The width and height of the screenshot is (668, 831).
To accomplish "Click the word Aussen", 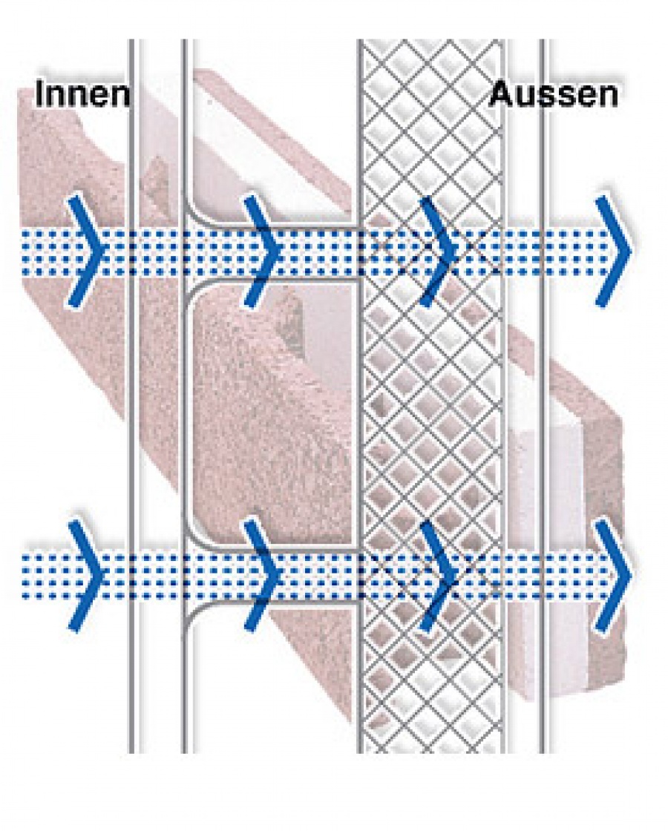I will pos(553,95).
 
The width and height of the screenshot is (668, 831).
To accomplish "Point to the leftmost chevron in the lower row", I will pos(88,576).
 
